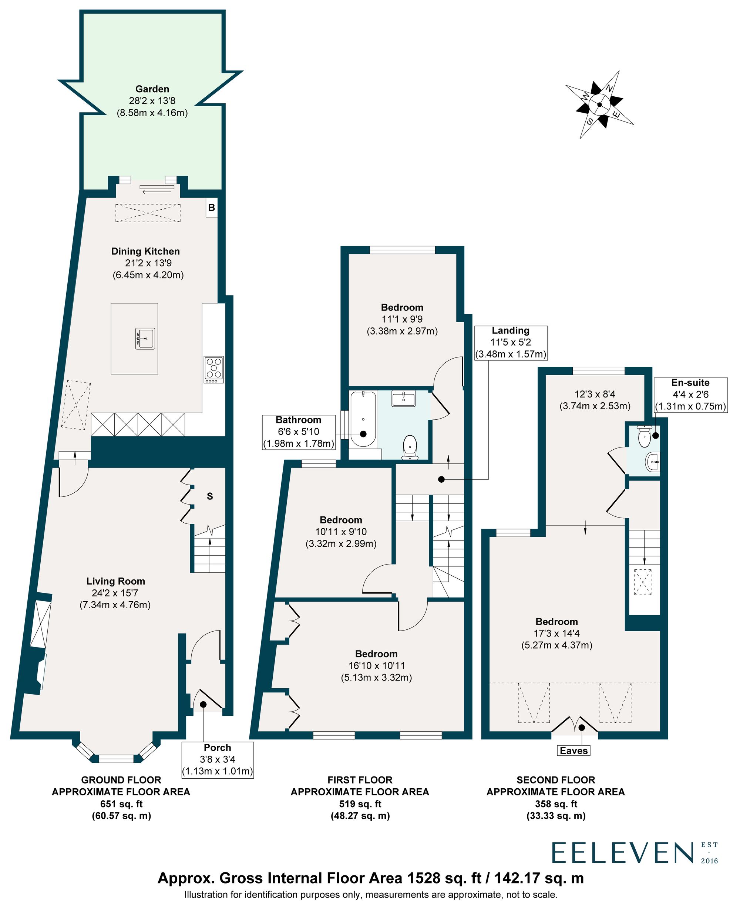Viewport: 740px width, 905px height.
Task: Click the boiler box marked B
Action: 211,208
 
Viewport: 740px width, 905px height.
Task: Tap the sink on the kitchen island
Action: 145,338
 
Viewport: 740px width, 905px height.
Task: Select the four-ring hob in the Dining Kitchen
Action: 214,369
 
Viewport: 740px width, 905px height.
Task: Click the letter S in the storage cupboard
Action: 210,496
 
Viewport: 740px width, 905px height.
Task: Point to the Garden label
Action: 152,89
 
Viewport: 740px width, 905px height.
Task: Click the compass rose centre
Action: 600,105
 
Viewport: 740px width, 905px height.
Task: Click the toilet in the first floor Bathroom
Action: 410,446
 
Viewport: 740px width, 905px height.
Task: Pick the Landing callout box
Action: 511,343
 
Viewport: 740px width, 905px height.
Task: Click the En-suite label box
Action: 690,394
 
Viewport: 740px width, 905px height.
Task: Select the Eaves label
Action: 574,762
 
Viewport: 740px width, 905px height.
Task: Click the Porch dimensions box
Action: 218,771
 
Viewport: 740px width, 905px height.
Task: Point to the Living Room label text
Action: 115,581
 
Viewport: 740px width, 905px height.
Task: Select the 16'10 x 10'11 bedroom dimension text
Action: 376,666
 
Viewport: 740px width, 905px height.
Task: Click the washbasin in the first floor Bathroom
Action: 403,399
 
